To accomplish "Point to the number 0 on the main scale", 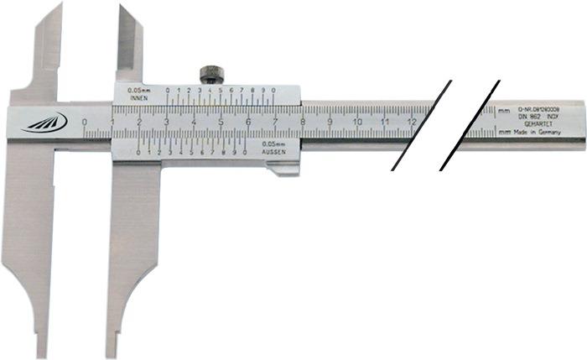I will [x=86, y=123].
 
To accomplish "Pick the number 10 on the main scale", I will [x=357, y=123].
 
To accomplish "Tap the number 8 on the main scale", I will [x=303, y=123].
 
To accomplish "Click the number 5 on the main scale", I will [x=221, y=123].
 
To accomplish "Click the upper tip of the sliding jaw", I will [x=122, y=7].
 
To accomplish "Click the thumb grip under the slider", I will [x=283, y=170].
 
